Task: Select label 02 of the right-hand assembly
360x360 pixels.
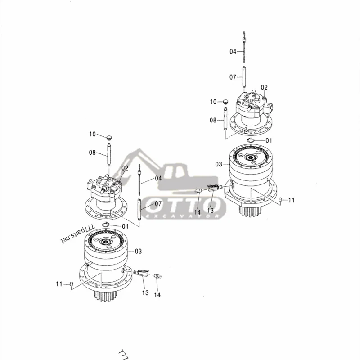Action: [x=264, y=87]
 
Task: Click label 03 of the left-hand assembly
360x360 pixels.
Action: [x=139, y=251]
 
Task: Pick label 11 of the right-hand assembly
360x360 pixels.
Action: [x=292, y=200]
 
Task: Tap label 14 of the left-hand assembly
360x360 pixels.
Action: [x=157, y=295]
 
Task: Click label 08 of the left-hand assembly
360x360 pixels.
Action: [x=92, y=153]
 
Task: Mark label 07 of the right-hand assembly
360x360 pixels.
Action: [x=233, y=77]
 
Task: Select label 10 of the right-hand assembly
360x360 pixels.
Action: [x=213, y=102]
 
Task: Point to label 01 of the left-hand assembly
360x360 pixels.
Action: [x=125, y=226]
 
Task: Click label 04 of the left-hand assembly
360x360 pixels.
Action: [x=158, y=178]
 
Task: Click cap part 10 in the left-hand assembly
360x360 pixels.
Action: [x=108, y=136]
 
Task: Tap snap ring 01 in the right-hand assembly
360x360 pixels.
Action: [x=251, y=141]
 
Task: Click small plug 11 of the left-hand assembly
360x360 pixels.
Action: [x=70, y=283]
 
